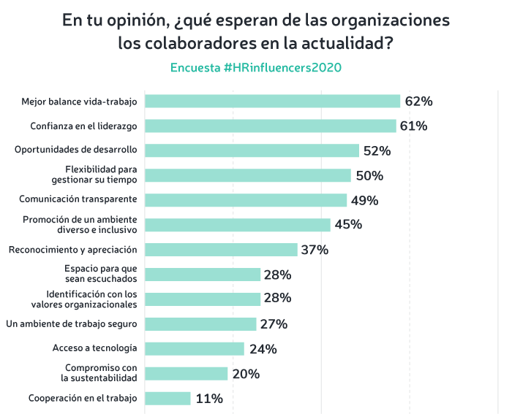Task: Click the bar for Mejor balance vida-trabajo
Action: pyautogui.click(x=272, y=101)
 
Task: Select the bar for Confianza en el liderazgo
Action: pyautogui.click(x=270, y=126)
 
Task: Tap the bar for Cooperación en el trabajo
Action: pyautogui.click(x=167, y=399)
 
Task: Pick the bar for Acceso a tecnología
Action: pyautogui.click(x=194, y=349)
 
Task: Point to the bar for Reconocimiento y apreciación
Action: pyautogui.click(x=221, y=250)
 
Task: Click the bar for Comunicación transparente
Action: pyautogui.click(x=246, y=200)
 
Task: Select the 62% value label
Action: pyautogui.click(x=418, y=101)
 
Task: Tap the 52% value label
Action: pyautogui.click(x=377, y=151)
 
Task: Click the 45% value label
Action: pyautogui.click(x=348, y=225)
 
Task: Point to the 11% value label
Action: pyautogui.click(x=209, y=399)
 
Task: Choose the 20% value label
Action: pyautogui.click(x=246, y=374)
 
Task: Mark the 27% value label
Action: pyautogui.click(x=274, y=324)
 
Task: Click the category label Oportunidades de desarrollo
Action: pyautogui.click(x=76, y=150)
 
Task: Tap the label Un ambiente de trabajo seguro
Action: pyautogui.click(x=71, y=323)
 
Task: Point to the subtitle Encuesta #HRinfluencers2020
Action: pyautogui.click(x=255, y=67)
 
